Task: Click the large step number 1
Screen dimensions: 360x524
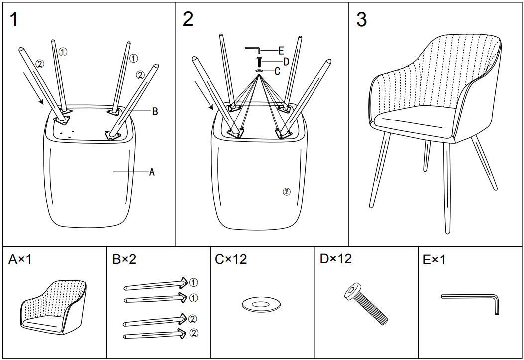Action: point(14,20)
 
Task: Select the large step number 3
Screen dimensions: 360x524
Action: point(362,20)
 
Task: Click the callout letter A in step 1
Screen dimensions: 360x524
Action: point(152,172)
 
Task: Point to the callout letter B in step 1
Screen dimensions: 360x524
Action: point(155,112)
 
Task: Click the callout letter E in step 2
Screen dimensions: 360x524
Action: point(281,50)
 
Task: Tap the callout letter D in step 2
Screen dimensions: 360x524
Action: point(286,62)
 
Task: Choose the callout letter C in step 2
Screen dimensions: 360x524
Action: point(277,71)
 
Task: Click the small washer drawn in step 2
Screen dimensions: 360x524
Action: point(259,71)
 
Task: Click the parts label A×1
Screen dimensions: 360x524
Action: point(20,259)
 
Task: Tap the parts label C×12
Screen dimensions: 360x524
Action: point(231,259)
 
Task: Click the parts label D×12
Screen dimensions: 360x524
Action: point(335,259)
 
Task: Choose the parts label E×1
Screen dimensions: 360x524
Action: point(434,260)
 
